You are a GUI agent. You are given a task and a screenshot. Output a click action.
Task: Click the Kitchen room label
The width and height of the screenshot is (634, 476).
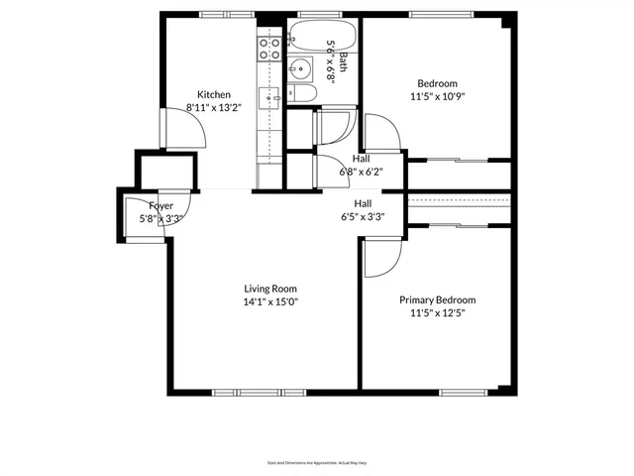[x=213, y=95]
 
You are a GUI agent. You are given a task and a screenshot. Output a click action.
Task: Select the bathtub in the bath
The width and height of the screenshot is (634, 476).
[x=316, y=44]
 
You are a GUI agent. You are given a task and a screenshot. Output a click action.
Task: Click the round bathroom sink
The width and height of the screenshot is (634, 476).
[x=300, y=69]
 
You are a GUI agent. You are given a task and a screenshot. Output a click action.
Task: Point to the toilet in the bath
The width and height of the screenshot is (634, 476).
[x=304, y=94]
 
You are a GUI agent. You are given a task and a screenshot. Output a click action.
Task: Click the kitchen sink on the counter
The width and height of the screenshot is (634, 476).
[x=269, y=97]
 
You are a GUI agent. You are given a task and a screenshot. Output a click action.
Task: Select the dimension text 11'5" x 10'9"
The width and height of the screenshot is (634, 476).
[x=437, y=98]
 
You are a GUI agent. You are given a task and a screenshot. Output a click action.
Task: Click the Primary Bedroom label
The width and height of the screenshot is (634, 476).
[x=437, y=299]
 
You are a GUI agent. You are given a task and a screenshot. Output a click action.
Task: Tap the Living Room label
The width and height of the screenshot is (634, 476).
[x=270, y=290]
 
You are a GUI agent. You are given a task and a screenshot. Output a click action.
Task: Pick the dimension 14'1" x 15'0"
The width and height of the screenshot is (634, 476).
[x=270, y=302]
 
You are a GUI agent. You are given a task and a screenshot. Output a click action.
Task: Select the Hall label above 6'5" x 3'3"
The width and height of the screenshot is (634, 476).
[x=363, y=202]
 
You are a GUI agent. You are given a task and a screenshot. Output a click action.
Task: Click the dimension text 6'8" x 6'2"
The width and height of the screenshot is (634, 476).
[x=361, y=171]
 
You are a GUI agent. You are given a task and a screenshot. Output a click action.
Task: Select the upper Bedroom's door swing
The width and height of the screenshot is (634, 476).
[x=381, y=132]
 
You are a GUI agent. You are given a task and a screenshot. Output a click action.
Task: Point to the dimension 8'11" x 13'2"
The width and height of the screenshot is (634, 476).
[x=213, y=108]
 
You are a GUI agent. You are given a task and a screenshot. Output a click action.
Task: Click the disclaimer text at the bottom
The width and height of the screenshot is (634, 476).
[x=317, y=462]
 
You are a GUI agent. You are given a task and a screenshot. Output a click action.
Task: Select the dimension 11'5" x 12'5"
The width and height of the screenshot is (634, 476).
[x=437, y=312]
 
